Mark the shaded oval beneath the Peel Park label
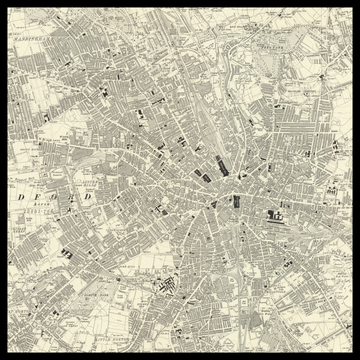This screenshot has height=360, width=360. click(268, 56)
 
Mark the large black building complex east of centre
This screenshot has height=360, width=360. click(276, 212)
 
